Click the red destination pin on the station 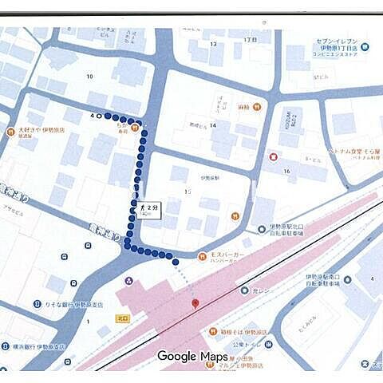click(x=195, y=304)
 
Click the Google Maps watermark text click(x=191, y=356)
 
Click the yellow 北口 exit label click(x=102, y=317)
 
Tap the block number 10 click(x=89, y=77)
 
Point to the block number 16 click(x=286, y=172)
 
